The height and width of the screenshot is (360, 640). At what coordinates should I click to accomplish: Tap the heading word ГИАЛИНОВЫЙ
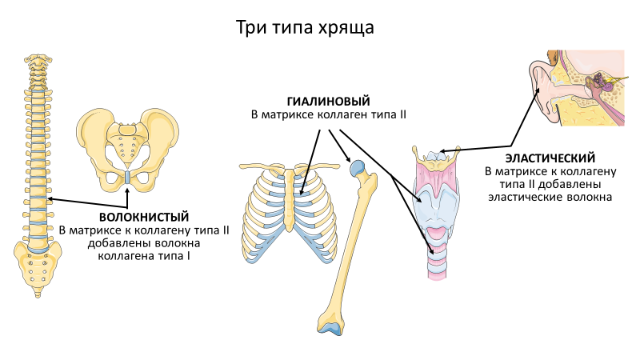[329, 102]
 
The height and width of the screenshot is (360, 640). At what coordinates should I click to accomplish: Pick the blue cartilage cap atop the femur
[358, 167]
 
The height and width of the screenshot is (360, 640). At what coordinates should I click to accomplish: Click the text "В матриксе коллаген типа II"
[329, 115]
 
